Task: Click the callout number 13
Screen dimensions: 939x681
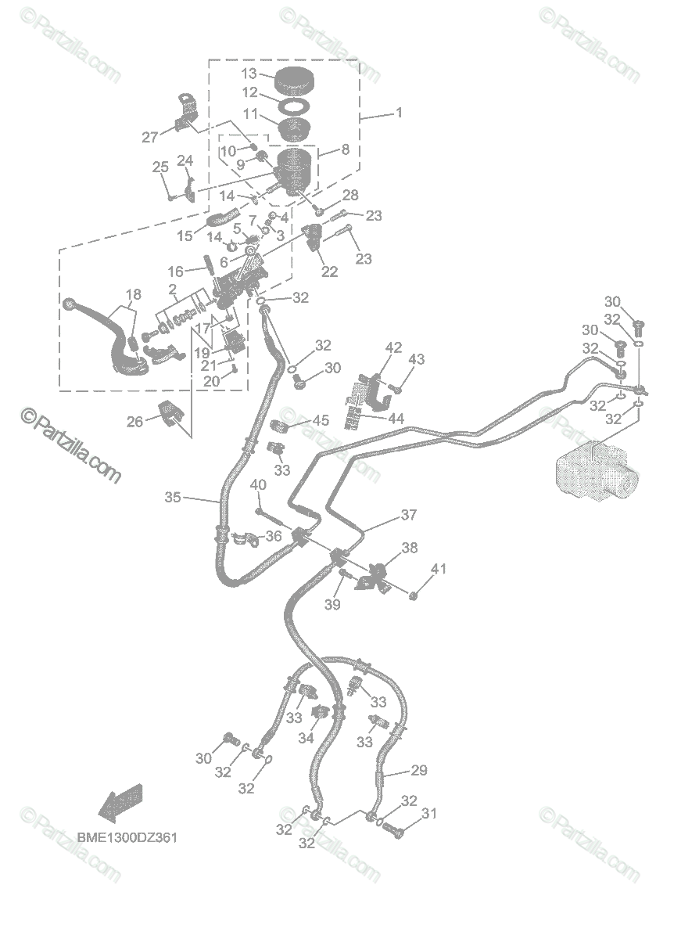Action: (249, 74)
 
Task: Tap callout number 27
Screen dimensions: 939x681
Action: (150, 137)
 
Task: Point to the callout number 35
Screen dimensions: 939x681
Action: (173, 496)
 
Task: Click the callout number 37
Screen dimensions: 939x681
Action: (409, 515)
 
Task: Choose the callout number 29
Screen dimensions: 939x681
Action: (419, 771)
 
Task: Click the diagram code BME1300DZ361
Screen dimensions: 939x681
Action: (127, 837)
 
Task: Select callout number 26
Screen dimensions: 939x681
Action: (135, 422)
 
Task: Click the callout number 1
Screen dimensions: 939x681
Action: (399, 113)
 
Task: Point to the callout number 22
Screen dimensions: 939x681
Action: (330, 272)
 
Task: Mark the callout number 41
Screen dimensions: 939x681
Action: (439, 569)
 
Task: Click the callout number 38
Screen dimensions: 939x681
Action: (410, 549)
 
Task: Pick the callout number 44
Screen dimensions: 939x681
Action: (396, 419)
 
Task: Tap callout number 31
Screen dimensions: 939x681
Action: (428, 814)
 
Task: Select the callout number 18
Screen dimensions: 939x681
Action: (134, 294)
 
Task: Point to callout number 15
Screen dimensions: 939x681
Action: (185, 235)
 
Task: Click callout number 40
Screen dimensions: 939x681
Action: (258, 486)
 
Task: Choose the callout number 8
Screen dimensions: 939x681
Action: (345, 149)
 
